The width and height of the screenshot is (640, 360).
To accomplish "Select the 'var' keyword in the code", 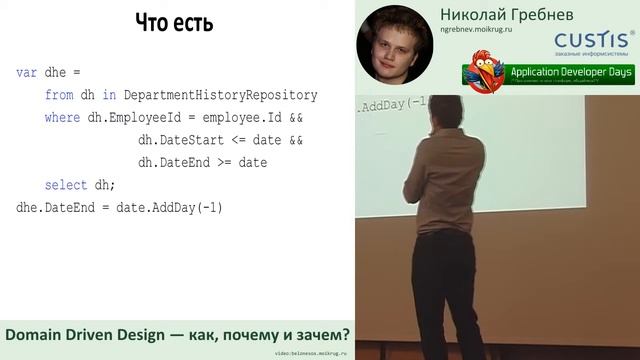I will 27,74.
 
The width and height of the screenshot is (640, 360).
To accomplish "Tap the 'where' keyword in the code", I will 63,119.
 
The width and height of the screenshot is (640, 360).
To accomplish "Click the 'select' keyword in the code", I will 67,186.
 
